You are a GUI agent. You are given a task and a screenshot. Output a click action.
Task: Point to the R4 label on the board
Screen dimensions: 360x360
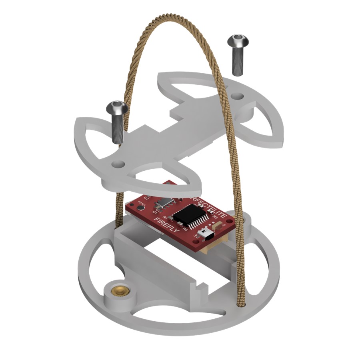click(185, 230)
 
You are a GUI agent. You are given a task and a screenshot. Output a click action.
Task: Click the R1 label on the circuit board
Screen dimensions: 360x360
click(165, 217)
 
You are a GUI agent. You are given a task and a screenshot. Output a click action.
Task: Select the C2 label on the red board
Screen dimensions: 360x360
click(147, 198)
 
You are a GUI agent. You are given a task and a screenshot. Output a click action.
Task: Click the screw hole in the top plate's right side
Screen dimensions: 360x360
click(238, 96)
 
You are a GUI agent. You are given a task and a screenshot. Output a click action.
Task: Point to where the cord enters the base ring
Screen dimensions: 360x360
click(241, 306)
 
